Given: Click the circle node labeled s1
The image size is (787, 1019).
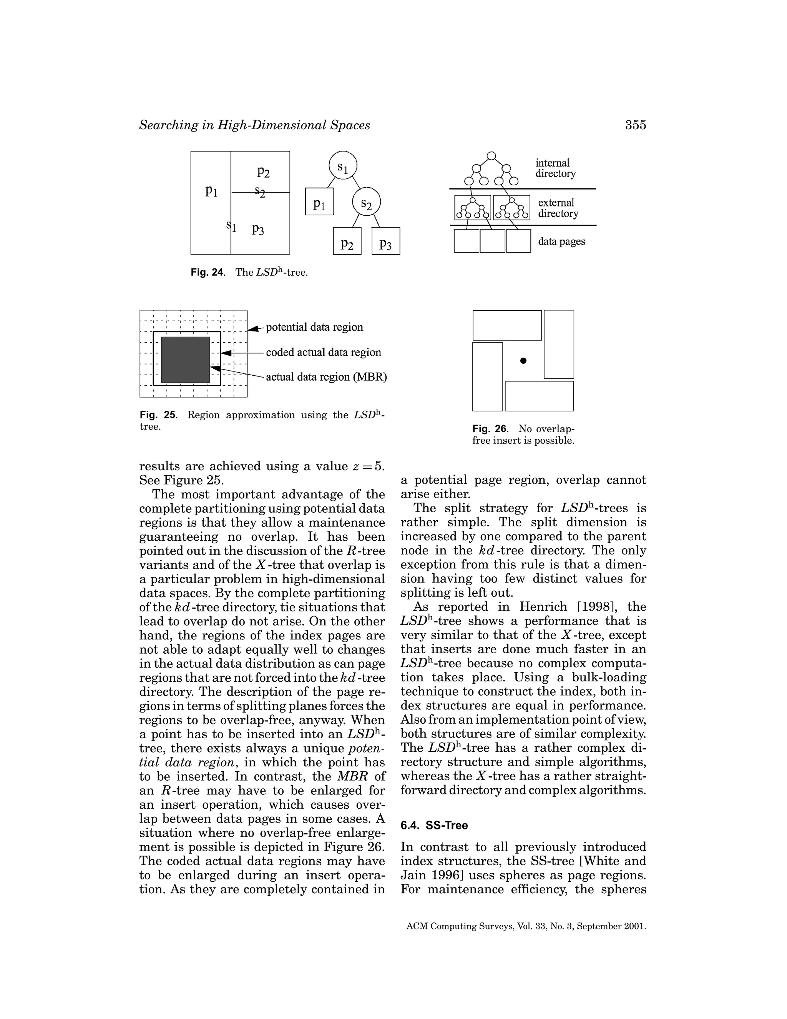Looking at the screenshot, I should click(343, 165).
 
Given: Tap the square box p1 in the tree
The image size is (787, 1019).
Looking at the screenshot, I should click(319, 201).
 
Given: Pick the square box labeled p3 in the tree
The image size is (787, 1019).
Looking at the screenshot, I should click(385, 241).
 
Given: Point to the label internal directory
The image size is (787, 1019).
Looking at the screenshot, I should click(555, 168).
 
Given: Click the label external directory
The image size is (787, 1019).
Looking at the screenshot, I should click(558, 208).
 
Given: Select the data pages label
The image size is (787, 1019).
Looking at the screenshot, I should click(561, 242).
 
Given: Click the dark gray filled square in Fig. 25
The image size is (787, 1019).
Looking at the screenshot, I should click(186, 360).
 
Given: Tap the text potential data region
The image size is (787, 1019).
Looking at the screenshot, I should click(314, 327).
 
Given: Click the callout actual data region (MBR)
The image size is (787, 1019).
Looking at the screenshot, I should click(326, 377).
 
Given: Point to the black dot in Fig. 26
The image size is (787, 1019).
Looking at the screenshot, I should click(523, 361).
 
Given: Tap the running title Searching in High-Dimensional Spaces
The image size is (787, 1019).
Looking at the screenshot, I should click(254, 125).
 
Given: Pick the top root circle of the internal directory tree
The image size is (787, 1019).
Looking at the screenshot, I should click(491, 155).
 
